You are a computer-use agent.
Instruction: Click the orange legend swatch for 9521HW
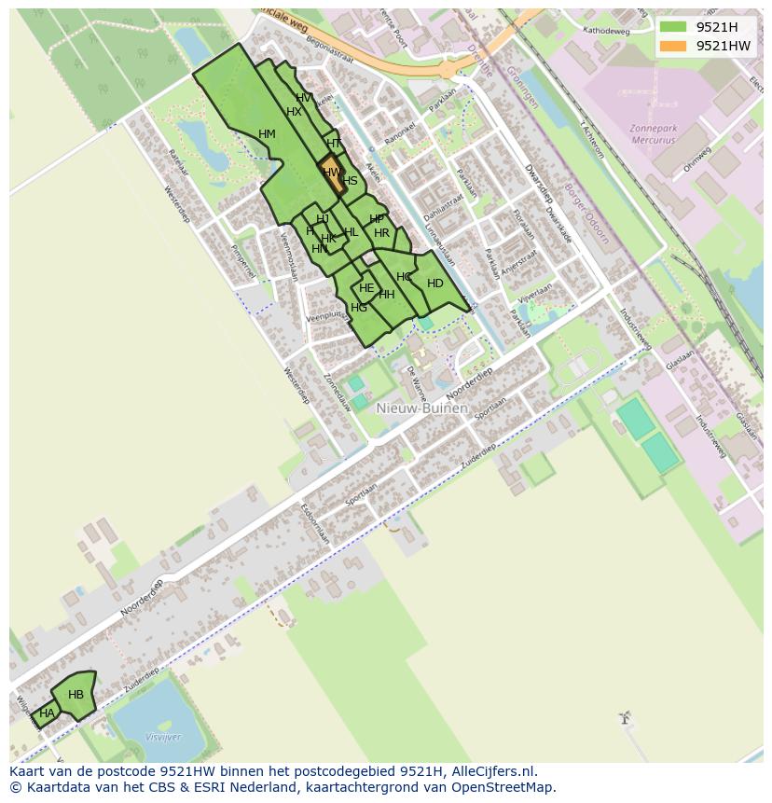pos(672,46)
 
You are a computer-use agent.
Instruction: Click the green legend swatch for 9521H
pos(672,27)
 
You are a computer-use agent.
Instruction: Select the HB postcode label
pos(76,695)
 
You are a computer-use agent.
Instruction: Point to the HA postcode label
pos(47,713)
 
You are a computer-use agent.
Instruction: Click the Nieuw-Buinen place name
pos(422,408)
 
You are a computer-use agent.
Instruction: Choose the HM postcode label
pos(267,134)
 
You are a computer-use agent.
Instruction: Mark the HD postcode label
pos(434,284)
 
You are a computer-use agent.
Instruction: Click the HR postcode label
pos(381,233)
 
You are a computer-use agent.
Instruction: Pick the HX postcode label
pos(294,112)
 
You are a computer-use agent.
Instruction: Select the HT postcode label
pos(334,144)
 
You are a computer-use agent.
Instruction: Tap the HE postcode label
pos(366,289)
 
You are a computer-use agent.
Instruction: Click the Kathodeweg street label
pos(606,31)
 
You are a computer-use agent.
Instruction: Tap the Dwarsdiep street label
pos(539,183)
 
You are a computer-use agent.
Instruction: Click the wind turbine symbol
pos(626,719)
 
